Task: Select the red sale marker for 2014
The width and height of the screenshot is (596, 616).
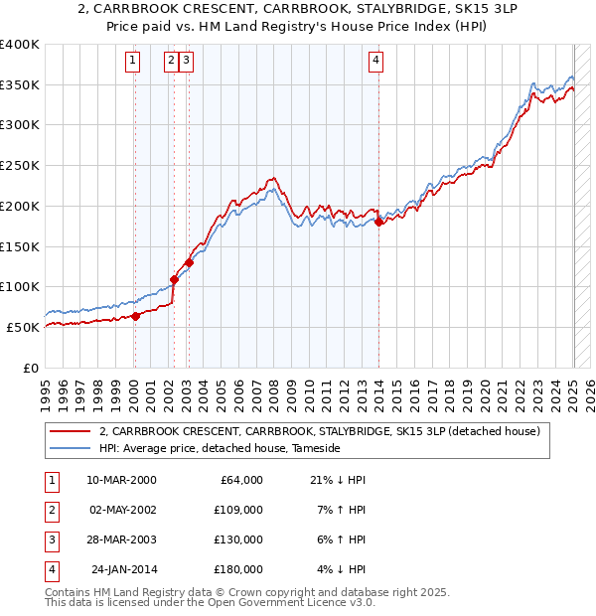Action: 378,222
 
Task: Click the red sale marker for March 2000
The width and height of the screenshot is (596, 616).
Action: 135,316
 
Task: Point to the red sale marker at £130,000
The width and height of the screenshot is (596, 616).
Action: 189,262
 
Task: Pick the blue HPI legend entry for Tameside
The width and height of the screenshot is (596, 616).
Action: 220,449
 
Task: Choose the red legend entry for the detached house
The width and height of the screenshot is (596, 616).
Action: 318,431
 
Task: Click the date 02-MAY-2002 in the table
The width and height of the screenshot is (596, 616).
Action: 121,511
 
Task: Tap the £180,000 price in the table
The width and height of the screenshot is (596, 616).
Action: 238,570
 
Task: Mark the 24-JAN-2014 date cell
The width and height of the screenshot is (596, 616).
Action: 123,570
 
